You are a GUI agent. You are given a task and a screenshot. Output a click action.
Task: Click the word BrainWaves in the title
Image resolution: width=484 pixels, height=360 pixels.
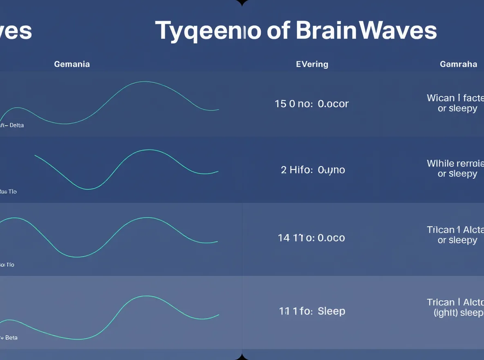(x=366, y=31)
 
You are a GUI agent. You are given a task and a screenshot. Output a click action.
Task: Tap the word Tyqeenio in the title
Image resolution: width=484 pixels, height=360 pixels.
(x=208, y=31)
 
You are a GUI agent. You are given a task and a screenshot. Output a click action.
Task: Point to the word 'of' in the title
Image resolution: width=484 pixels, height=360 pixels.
(x=279, y=31)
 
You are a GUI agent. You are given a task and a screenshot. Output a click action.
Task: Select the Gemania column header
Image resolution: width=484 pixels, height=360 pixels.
(x=72, y=64)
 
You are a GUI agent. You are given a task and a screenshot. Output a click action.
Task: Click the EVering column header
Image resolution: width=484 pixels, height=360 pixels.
(x=312, y=64)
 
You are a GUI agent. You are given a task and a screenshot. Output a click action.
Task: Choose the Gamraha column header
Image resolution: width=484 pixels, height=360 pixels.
(x=458, y=64)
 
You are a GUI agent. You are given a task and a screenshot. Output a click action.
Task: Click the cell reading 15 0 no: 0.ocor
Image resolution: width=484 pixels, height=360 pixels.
(x=312, y=104)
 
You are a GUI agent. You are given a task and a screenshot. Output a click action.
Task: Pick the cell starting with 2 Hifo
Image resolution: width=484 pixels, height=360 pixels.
(x=313, y=170)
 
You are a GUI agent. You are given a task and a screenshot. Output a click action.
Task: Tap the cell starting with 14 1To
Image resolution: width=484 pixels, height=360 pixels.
(x=311, y=238)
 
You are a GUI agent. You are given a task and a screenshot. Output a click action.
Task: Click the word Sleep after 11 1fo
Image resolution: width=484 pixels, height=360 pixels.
(x=332, y=311)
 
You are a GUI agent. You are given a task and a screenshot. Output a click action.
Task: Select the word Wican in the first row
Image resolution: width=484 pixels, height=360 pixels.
(x=441, y=98)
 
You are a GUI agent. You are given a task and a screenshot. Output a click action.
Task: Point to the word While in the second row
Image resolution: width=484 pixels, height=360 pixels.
(x=440, y=164)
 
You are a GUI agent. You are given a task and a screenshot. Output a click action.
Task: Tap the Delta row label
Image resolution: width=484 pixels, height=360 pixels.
(x=16, y=125)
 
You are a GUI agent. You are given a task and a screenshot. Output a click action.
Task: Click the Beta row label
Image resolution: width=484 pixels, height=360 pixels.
(x=11, y=338)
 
